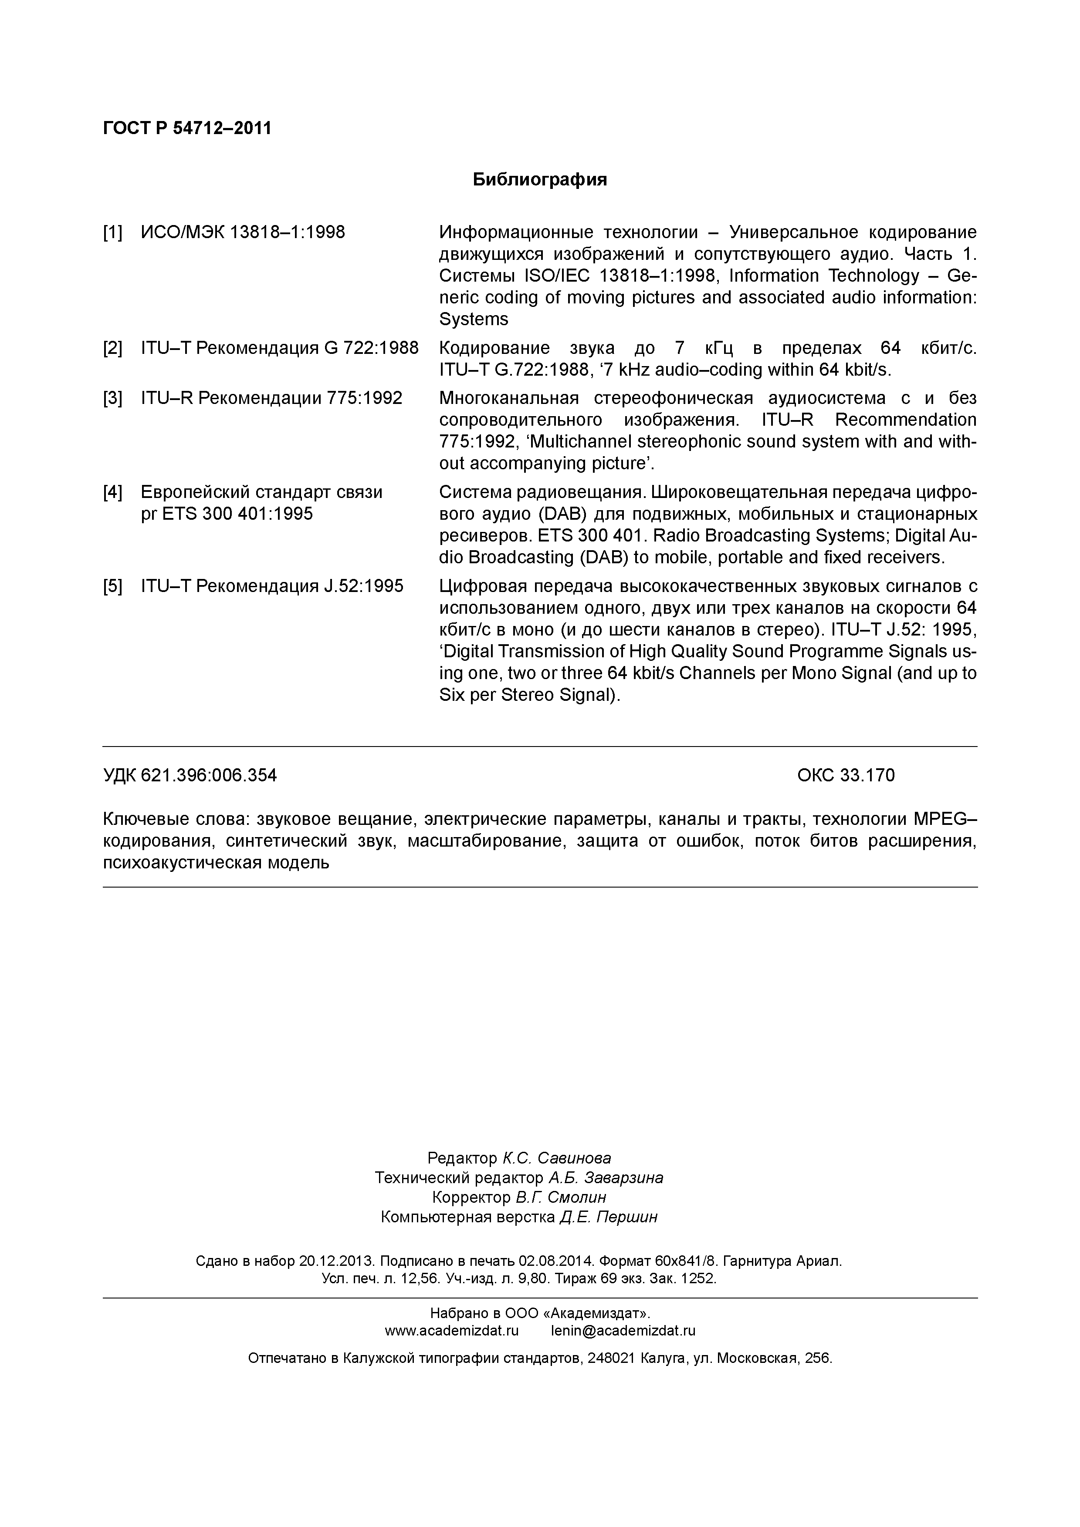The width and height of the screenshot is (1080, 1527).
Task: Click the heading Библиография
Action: point(540,180)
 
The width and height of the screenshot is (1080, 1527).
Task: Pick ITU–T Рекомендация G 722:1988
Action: point(280,348)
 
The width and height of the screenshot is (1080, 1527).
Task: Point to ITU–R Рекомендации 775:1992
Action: point(271,398)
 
